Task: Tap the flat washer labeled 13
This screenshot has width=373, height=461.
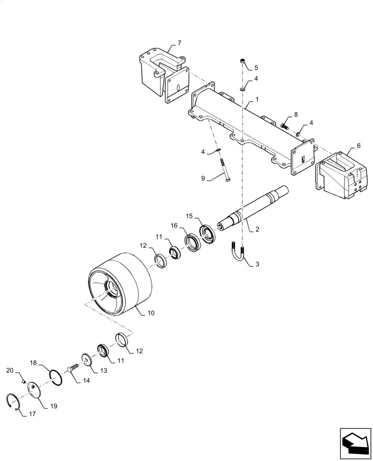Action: (x=86, y=359)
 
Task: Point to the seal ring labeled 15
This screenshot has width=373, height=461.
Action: (x=207, y=234)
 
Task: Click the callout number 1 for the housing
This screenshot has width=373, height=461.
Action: (x=257, y=99)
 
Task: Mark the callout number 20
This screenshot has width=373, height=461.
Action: (x=10, y=371)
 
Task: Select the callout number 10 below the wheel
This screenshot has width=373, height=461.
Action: (x=151, y=313)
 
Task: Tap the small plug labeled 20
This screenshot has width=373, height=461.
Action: (x=24, y=381)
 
